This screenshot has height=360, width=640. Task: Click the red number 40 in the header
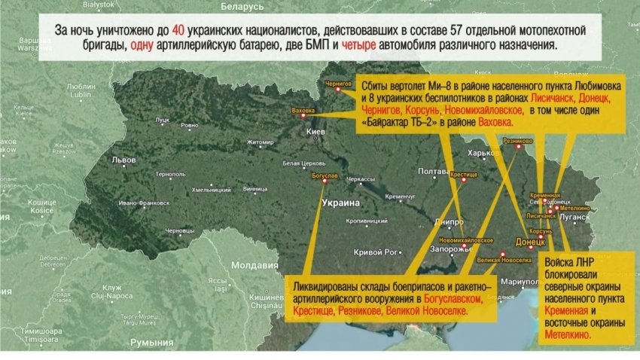(x=178, y=31)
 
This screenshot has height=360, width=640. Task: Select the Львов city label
(x=123, y=160)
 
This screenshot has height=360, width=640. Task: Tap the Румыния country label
(x=151, y=343)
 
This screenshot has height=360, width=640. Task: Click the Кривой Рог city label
(x=374, y=251)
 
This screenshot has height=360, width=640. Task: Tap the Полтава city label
(x=433, y=171)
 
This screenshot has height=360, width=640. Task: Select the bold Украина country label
(x=341, y=203)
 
